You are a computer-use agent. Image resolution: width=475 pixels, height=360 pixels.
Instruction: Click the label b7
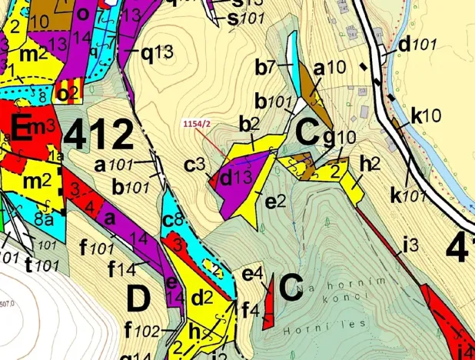pyautogui.click(x=265, y=67)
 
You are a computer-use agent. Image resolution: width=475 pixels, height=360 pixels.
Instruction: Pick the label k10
pyautogui.click(x=426, y=116)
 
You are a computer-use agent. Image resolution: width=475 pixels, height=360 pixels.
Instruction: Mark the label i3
pyautogui.click(x=407, y=246)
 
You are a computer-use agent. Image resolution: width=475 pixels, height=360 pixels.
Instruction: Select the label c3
pyautogui.click(x=193, y=164)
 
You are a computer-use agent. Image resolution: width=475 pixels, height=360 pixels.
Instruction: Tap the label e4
pyautogui.click(x=253, y=274)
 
